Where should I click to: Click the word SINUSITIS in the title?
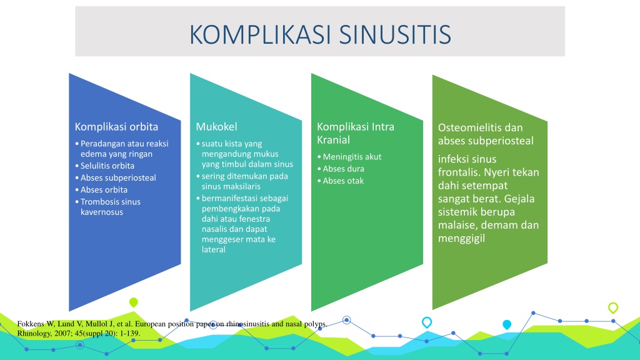pos(395,34)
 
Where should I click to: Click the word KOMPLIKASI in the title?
pos(261,34)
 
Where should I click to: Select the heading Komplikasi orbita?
pos(116,126)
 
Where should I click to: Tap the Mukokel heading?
pos(216,126)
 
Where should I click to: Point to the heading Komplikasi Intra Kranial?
pos(356,133)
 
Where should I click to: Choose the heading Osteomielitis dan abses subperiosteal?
pos(486,134)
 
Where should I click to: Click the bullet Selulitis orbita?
pos(107,166)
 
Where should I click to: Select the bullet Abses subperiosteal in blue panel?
pos(118,177)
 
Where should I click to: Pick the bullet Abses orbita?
pos(104,189)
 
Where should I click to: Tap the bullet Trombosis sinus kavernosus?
pos(110,206)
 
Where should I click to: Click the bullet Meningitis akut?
pos(352,157)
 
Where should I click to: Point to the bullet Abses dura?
pos(343,169)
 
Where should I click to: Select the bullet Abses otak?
pos(343,181)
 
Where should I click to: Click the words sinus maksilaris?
pos(231,186)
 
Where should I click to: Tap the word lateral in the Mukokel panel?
pos(214,249)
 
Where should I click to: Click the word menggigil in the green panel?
pos(461,238)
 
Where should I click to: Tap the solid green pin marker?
pos(134,302)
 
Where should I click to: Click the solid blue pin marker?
pos(507,325)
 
